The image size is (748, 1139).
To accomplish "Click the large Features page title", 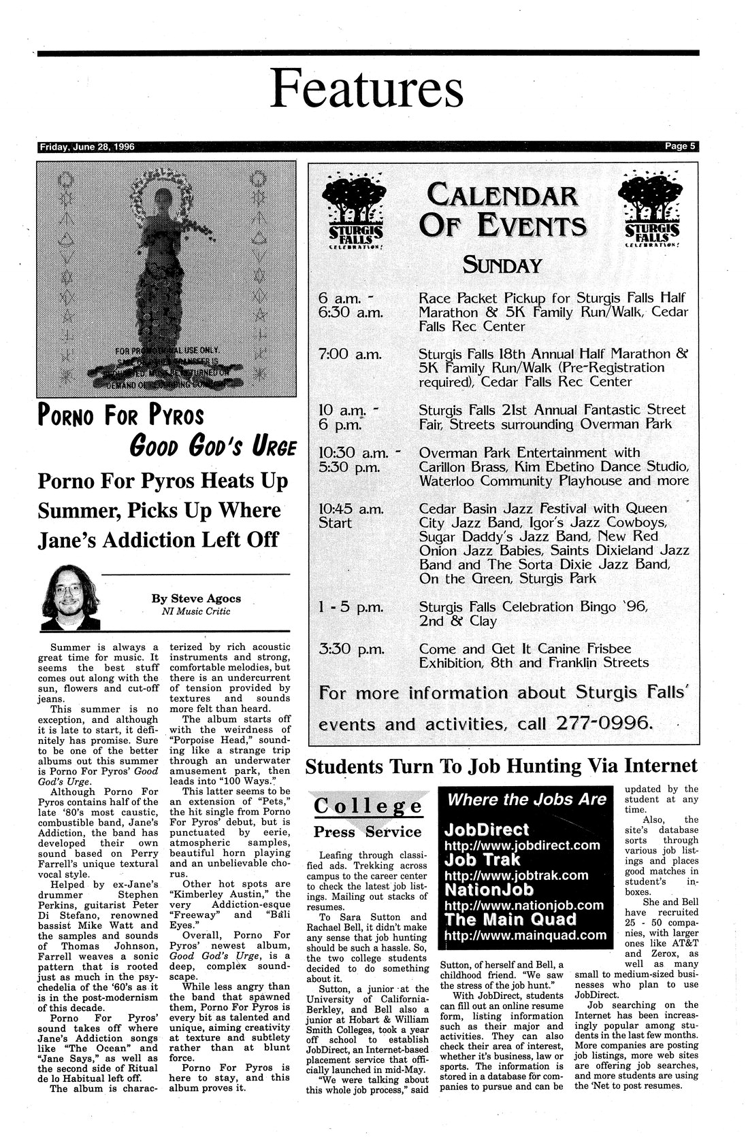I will pos(367,89).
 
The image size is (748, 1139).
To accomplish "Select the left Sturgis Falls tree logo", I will pos(352,210).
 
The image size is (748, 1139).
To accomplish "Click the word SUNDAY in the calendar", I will pos(502,264).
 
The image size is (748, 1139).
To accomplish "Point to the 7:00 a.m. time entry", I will pos(350,354).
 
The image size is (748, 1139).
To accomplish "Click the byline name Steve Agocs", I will pos(196,599).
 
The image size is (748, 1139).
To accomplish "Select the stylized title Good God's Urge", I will pos(213,447).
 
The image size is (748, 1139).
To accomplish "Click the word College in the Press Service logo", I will pos(368,806).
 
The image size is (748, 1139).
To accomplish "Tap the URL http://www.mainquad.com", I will pos(525,935).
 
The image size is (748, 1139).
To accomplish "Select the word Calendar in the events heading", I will pos(502,198).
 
